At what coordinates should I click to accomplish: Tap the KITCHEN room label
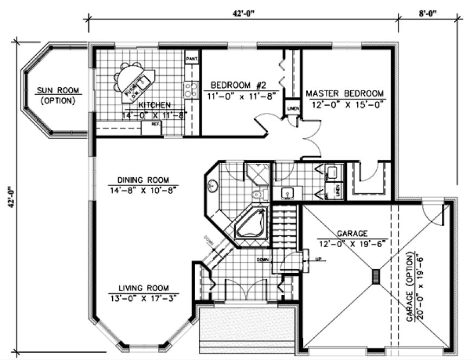click(x=154, y=105)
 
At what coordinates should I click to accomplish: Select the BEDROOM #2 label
click(x=238, y=85)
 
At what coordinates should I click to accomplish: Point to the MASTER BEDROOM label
click(x=344, y=93)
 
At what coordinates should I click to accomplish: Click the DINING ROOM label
click(x=143, y=180)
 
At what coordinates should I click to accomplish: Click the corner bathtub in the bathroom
click(x=250, y=223)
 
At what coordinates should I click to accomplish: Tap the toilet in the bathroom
click(x=257, y=194)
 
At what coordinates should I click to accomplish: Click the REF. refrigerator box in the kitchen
click(x=156, y=124)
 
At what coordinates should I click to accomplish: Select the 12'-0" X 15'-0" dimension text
click(x=344, y=104)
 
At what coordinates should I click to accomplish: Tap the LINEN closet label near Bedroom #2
click(x=292, y=108)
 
